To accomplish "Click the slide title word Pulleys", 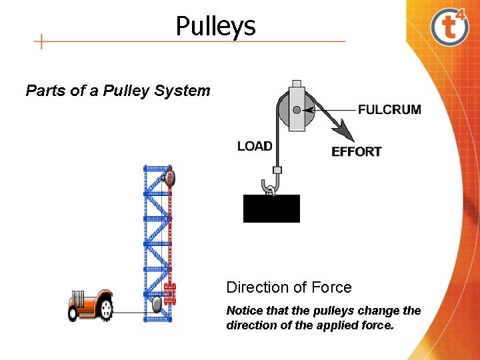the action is [x=215, y=27].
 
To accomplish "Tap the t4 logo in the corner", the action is [x=449, y=27].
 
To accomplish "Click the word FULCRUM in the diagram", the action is [x=389, y=109].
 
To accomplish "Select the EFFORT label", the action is [x=356, y=152].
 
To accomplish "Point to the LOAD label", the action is [x=255, y=146].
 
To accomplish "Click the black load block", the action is [x=271, y=209].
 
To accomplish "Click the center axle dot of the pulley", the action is [x=296, y=109].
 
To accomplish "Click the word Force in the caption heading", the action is [x=332, y=287].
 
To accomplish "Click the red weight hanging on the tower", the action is [x=169, y=293].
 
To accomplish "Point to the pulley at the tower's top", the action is [x=169, y=177].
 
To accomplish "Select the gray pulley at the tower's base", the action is [x=157, y=305].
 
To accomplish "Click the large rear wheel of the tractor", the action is [x=105, y=307].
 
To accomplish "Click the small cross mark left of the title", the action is [x=41, y=42].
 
